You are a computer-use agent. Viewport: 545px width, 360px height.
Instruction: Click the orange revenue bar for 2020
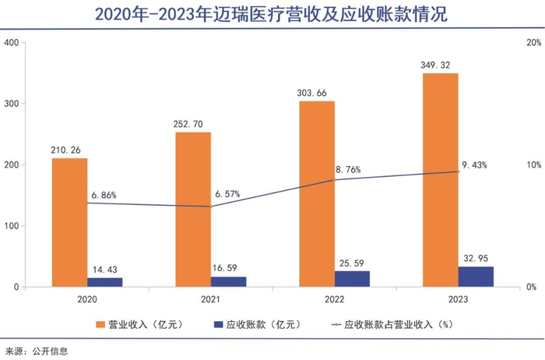click(70, 222)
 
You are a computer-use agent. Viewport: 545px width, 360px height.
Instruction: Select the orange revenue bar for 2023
click(441, 179)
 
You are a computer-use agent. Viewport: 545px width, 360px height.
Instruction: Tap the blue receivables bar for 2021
click(229, 281)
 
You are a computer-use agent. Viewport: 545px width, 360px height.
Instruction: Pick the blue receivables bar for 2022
click(352, 278)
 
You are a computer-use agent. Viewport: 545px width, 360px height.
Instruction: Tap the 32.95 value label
click(476, 257)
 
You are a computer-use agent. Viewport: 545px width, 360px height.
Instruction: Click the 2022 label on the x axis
click(334, 298)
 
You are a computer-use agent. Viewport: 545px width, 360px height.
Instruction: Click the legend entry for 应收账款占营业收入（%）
click(393, 323)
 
